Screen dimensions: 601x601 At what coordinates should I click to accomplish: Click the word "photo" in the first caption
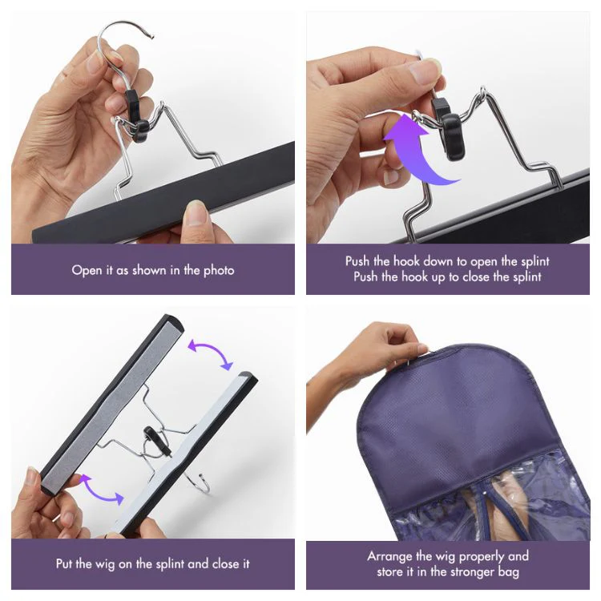tap(218, 270)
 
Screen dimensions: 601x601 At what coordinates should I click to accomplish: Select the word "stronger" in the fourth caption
tap(475, 571)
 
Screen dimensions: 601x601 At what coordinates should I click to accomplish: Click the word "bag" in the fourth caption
tap(514, 571)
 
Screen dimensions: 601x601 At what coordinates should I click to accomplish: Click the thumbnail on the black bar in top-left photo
tap(197, 214)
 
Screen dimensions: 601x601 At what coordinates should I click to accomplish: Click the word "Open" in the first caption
tap(87, 270)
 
